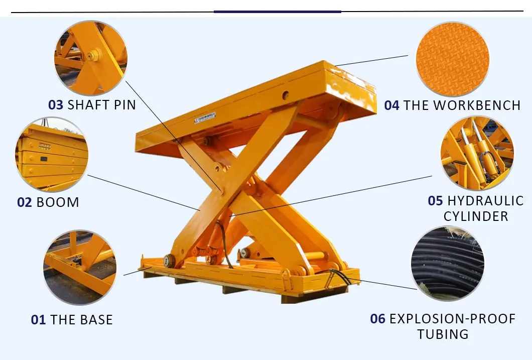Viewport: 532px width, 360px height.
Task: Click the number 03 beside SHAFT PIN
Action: pyautogui.click(x=55, y=105)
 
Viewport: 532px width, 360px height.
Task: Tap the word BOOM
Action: pyautogui.click(x=58, y=202)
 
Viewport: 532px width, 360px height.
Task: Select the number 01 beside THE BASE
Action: pyautogui.click(x=38, y=320)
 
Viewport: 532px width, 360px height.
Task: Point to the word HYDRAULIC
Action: pyautogui.click(x=485, y=201)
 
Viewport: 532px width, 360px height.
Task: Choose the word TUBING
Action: pyautogui.click(x=443, y=334)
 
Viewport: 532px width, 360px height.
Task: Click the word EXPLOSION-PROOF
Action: pyautogui.click(x=452, y=319)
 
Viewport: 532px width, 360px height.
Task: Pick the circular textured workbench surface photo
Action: pyautogui.click(x=452, y=59)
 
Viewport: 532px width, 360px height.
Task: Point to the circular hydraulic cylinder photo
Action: pyautogui.click(x=477, y=153)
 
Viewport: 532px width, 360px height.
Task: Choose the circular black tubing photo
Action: pyautogui.click(x=447, y=264)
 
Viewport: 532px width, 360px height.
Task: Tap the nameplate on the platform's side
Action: pyautogui.click(x=205, y=118)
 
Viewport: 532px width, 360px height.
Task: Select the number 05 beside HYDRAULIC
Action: pyautogui.click(x=435, y=201)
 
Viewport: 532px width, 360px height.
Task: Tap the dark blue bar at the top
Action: pyautogui.click(x=278, y=11)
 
